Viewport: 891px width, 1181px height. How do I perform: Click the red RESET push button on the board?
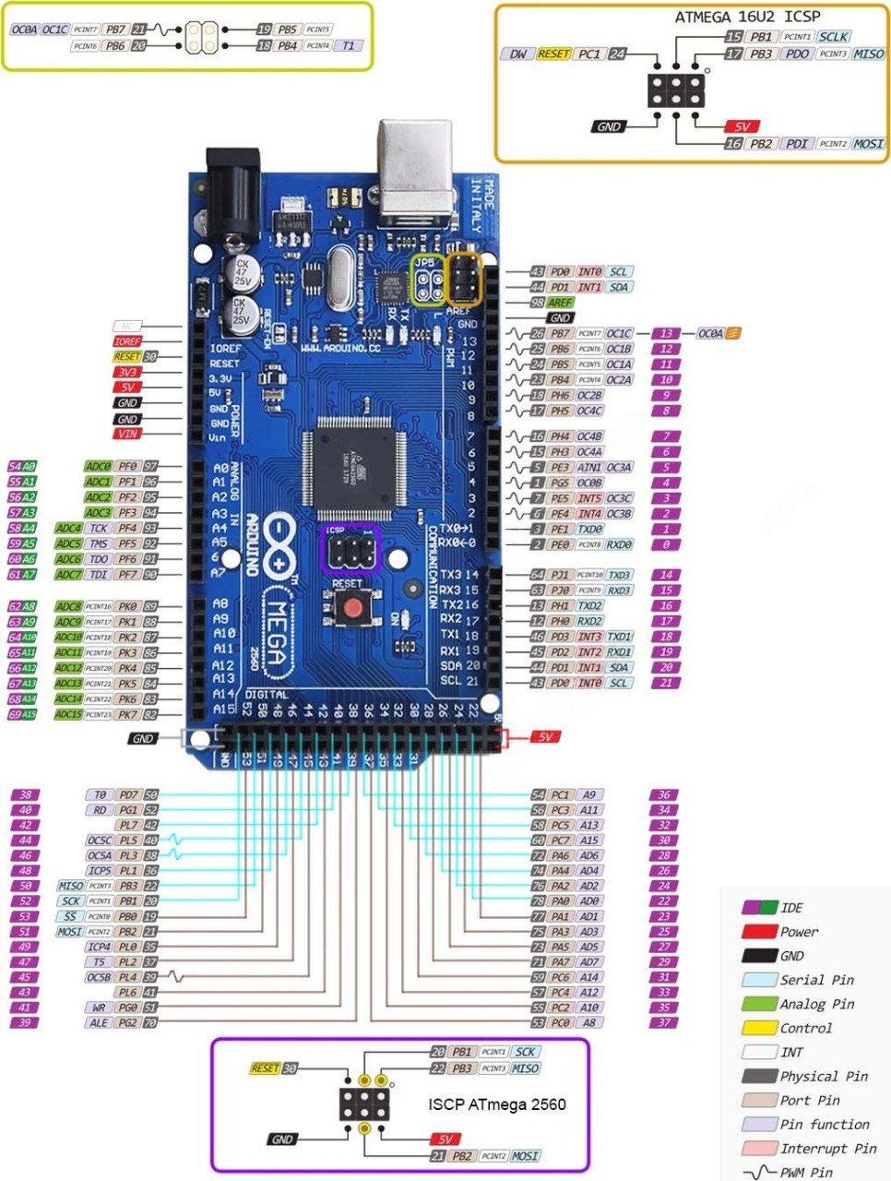351,606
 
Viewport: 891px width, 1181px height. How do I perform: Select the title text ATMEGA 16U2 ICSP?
747,17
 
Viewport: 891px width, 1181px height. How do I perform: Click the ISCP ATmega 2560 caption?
497,1104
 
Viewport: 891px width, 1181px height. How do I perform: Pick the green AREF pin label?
560,303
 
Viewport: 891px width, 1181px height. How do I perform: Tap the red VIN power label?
127,434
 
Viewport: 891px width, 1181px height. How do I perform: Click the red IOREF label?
127,341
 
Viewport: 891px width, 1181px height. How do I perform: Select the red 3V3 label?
127,372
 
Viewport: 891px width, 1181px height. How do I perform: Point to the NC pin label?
127,326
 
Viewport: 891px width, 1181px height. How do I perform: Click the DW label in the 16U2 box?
517,54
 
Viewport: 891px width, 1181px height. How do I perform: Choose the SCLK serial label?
834,36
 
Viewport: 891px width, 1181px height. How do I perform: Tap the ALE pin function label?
99,1022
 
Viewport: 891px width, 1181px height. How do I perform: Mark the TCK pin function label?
99,529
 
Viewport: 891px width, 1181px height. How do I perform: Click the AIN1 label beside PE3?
589,468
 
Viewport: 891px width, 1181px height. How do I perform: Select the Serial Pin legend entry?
816,980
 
